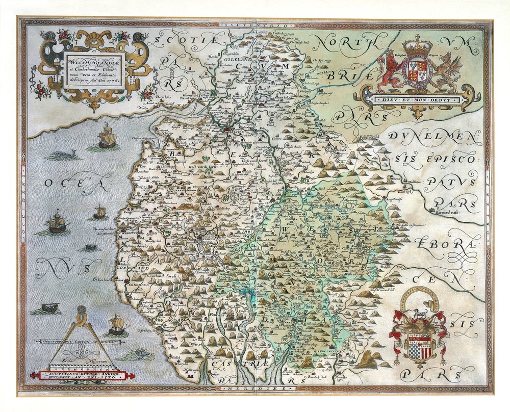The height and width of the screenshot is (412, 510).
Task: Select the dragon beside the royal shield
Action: [448, 69]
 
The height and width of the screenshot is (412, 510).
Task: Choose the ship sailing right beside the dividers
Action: [116, 323]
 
